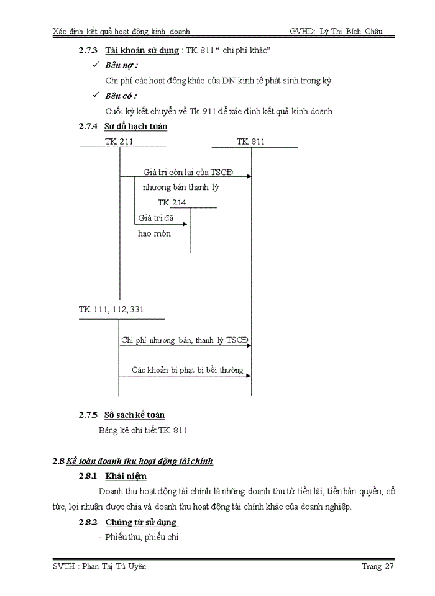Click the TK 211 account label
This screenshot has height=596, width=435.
[x=119, y=142]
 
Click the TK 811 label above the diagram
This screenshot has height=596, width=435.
[x=250, y=142]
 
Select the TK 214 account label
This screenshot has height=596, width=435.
[x=172, y=202]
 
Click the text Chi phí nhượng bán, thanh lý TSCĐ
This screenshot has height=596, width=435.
[x=185, y=340]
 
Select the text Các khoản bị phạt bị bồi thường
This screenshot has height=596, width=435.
[x=187, y=370]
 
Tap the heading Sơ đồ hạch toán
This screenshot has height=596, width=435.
[x=136, y=127]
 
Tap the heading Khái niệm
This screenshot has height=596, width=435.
[x=126, y=476]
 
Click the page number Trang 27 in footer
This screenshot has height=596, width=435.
[x=378, y=566]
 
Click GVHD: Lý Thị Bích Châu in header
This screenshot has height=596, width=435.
[x=336, y=31]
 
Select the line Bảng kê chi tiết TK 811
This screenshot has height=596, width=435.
[x=143, y=430]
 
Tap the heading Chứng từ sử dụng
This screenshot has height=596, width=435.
[x=141, y=522]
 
